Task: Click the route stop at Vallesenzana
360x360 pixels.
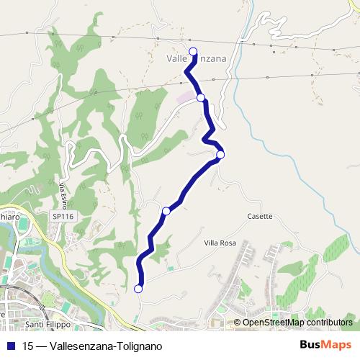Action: click(193, 50)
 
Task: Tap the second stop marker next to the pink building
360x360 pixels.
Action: click(201, 97)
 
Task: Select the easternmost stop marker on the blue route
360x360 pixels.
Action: click(220, 154)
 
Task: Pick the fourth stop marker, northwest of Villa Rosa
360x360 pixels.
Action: click(166, 211)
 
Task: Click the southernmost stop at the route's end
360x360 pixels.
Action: click(138, 289)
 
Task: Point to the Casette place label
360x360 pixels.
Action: click(259, 216)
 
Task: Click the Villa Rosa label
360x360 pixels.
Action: click(219, 243)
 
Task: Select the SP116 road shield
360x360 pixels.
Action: click(63, 216)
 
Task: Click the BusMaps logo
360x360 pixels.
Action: click(325, 346)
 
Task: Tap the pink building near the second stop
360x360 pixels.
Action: click(186, 96)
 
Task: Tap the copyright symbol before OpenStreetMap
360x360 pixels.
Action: click(238, 323)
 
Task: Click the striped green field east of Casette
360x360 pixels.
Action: click(336, 248)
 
